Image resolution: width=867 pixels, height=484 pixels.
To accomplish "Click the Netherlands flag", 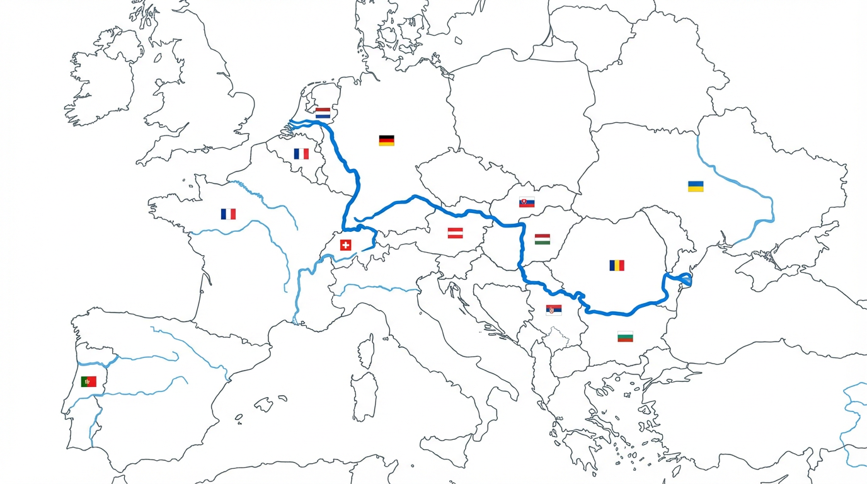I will tap(323, 113).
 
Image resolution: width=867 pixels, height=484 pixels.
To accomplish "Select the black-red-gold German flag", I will tap(386, 141).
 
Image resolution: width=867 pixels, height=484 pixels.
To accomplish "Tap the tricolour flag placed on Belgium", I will tap(301, 154).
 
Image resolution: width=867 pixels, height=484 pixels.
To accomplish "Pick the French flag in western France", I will tap(228, 214).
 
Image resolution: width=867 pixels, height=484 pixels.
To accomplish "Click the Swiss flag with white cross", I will tap(345, 245).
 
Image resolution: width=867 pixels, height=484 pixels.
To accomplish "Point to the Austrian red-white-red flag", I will tap(455, 233).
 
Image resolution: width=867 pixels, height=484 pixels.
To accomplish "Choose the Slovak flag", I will tap(527, 202).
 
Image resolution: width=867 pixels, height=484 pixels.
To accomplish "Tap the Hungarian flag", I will tap(542, 239).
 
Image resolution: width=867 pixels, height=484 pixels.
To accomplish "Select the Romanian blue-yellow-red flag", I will tap(617, 265).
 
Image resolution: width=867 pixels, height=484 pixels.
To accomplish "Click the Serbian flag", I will tap(553, 310).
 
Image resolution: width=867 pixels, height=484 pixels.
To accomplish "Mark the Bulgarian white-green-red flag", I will tap(624, 337).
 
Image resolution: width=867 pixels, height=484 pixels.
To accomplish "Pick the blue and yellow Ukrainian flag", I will tap(696, 187).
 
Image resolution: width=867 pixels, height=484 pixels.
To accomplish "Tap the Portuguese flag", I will tap(88, 381).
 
